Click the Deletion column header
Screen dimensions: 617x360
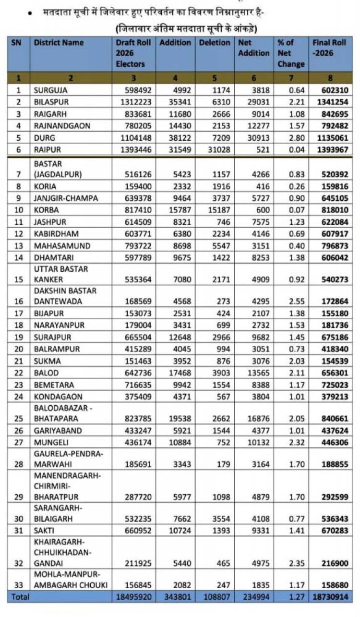pyautogui.click(x=215, y=43)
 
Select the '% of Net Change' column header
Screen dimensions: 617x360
pyautogui.click(x=291, y=53)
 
